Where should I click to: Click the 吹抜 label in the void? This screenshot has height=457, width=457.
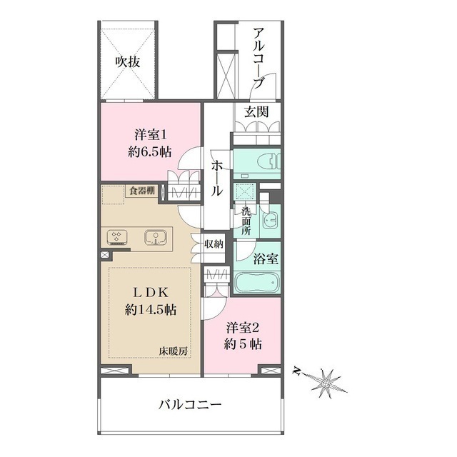pos(128,62)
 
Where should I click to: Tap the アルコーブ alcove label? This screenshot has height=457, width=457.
pos(258,58)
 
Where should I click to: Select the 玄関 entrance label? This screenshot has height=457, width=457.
pos(256,111)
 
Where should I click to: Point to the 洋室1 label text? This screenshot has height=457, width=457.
pos(151,135)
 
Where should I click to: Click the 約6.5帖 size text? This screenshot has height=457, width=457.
pos(150,152)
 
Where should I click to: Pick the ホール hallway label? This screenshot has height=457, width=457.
pos(217,179)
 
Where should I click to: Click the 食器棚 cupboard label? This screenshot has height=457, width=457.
pos(142,191)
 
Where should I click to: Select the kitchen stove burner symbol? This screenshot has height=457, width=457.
pos(117,237)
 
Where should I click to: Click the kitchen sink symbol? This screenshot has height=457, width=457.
pos(156,237)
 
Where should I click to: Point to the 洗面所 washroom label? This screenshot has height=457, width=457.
pos(246,221)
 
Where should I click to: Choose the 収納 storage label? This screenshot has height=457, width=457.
pos(214,243)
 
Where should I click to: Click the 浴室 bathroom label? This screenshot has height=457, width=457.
pos(265,258)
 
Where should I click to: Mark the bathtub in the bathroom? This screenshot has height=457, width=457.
pos(257,283)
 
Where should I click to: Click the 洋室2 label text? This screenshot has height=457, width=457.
pos(243,328)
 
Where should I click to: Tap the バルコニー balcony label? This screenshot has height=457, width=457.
pos(190,405)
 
